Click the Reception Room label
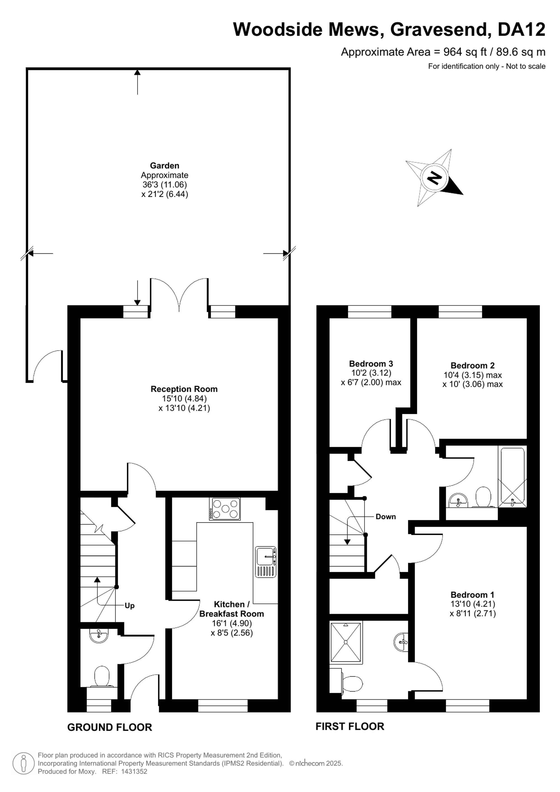[x=184, y=389]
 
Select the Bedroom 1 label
[x=472, y=595]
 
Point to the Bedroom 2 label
[x=472, y=365]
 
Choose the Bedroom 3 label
[x=371, y=364]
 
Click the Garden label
[x=164, y=166]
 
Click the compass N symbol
[x=435, y=178]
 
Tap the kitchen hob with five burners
[x=225, y=509]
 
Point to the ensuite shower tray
[x=346, y=643]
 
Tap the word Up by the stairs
[x=130, y=606]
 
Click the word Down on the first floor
[x=386, y=517]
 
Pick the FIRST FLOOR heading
[x=350, y=726]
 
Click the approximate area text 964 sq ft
[x=465, y=52]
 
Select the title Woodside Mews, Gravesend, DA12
[x=389, y=29]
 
